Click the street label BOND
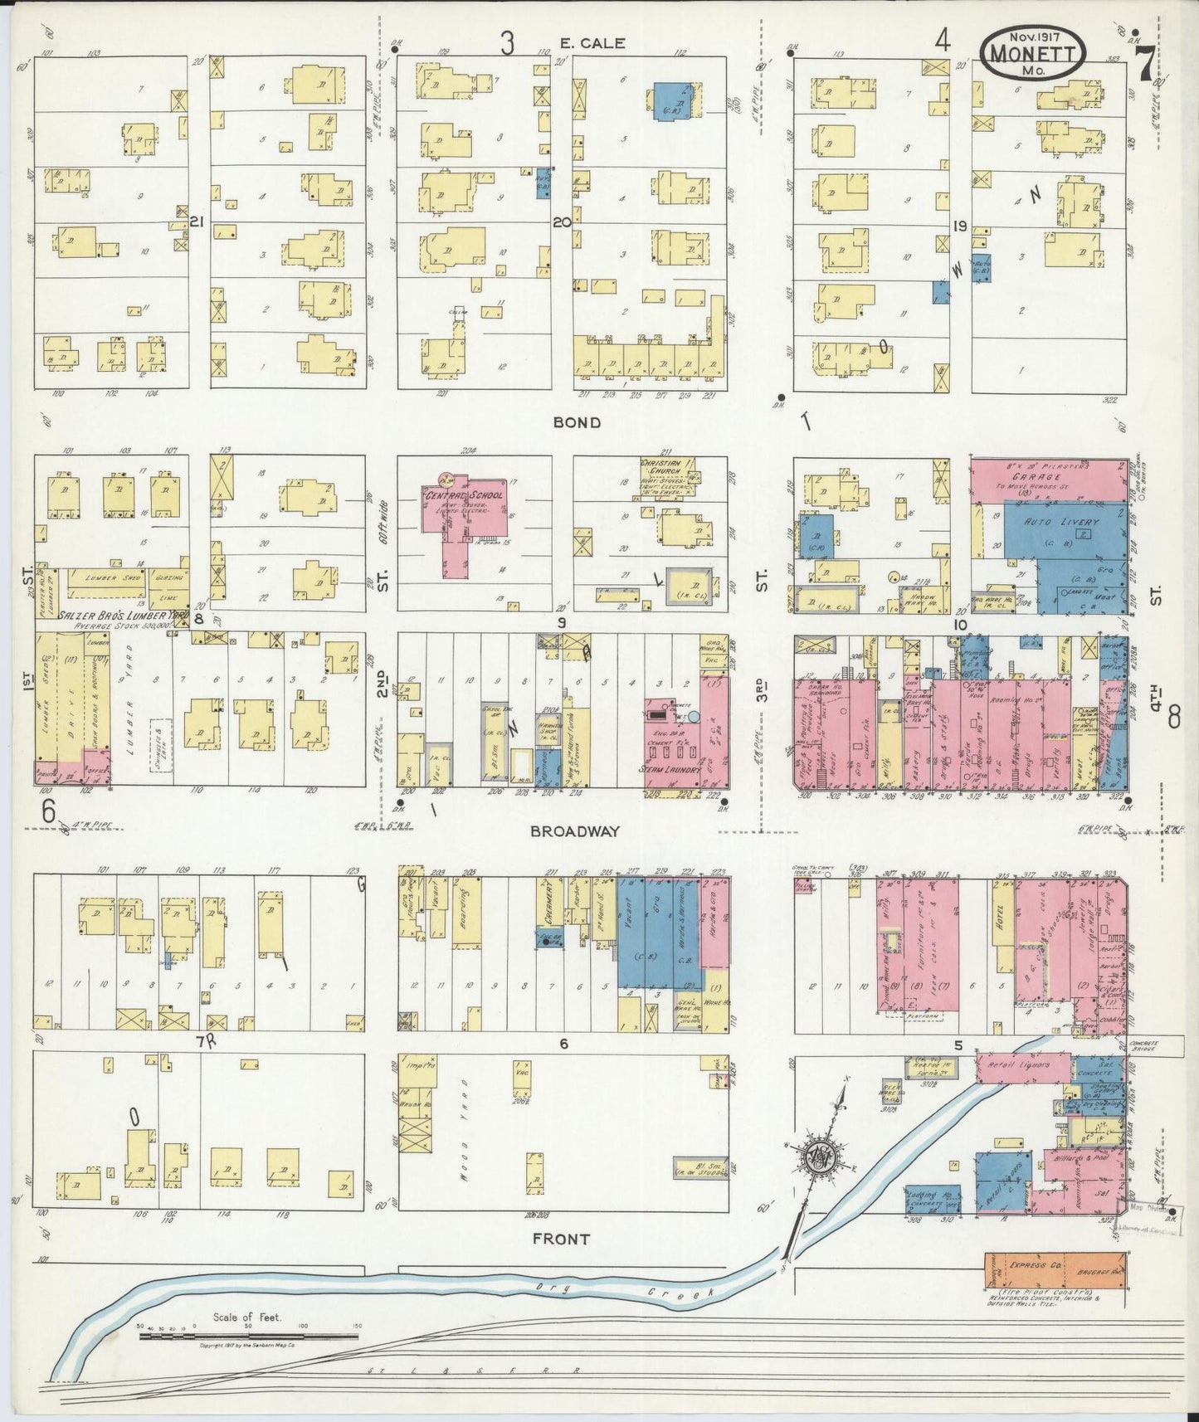[578, 422]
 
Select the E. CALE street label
[592, 43]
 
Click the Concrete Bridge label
[1148, 1045]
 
